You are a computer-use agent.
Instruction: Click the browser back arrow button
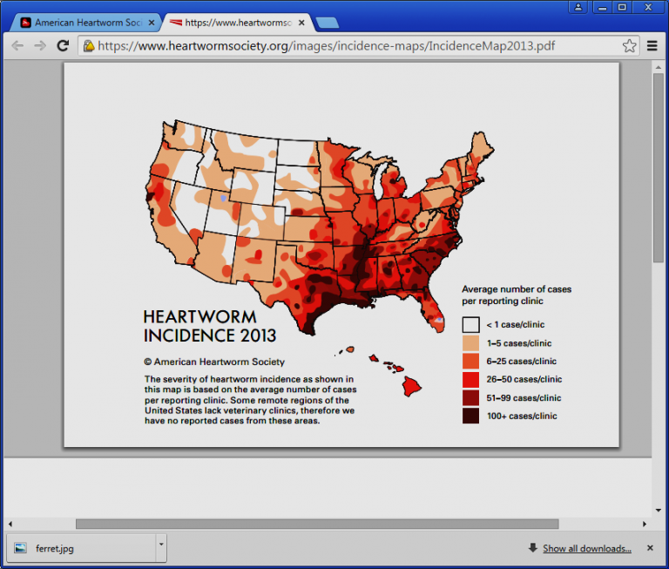[x=17, y=45]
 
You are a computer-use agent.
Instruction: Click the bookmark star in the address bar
[x=629, y=45]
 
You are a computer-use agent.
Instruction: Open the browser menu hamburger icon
[x=652, y=45]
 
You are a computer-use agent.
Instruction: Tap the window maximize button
[x=622, y=7]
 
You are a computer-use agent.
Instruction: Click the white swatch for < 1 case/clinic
[x=470, y=325]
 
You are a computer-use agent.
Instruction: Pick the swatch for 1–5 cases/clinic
[x=470, y=343]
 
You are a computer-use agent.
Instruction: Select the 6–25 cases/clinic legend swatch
[x=470, y=362]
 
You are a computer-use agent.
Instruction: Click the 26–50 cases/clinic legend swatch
[x=470, y=380]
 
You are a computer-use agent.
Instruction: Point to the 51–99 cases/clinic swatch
[x=470, y=398]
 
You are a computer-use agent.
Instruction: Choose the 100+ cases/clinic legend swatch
[x=470, y=417]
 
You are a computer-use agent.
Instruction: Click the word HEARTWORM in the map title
[x=199, y=317]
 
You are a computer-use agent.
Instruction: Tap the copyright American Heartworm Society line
[x=214, y=362]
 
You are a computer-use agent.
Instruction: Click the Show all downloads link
[x=586, y=548]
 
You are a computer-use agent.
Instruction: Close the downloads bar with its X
[x=650, y=548]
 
